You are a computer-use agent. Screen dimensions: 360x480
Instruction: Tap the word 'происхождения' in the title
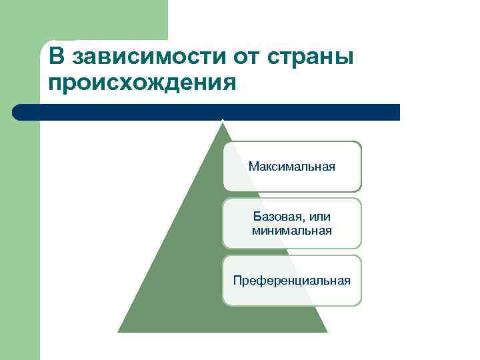(142, 83)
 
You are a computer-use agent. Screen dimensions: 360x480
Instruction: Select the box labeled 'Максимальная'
(292, 166)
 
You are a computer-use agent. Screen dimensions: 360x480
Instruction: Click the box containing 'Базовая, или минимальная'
(292, 223)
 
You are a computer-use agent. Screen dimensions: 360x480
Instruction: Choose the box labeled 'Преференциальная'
(292, 281)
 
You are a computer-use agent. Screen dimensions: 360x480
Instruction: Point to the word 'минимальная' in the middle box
(292, 231)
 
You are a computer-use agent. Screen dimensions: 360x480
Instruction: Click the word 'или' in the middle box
(321, 217)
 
